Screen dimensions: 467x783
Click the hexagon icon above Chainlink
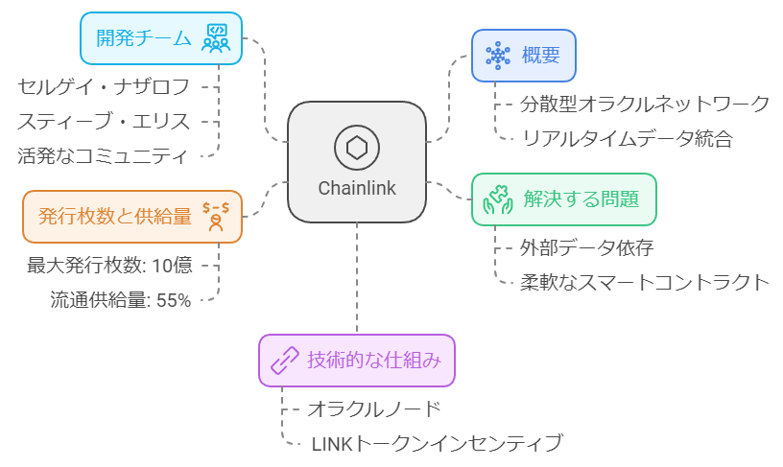click(357, 148)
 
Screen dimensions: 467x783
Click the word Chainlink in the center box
click(357, 188)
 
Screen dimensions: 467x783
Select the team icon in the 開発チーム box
click(215, 38)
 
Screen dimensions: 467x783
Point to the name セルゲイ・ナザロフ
click(104, 86)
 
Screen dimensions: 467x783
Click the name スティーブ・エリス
click(104, 121)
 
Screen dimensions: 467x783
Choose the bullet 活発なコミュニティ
click(104, 155)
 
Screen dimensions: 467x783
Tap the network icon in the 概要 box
click(497, 55)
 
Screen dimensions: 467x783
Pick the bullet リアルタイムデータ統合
click(628, 138)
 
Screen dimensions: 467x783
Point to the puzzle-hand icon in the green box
click(498, 199)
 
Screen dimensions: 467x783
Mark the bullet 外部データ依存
click(587, 248)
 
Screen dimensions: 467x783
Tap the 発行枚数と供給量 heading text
click(115, 216)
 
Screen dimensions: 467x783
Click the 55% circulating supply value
click(173, 300)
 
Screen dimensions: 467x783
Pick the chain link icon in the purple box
click(285, 361)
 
